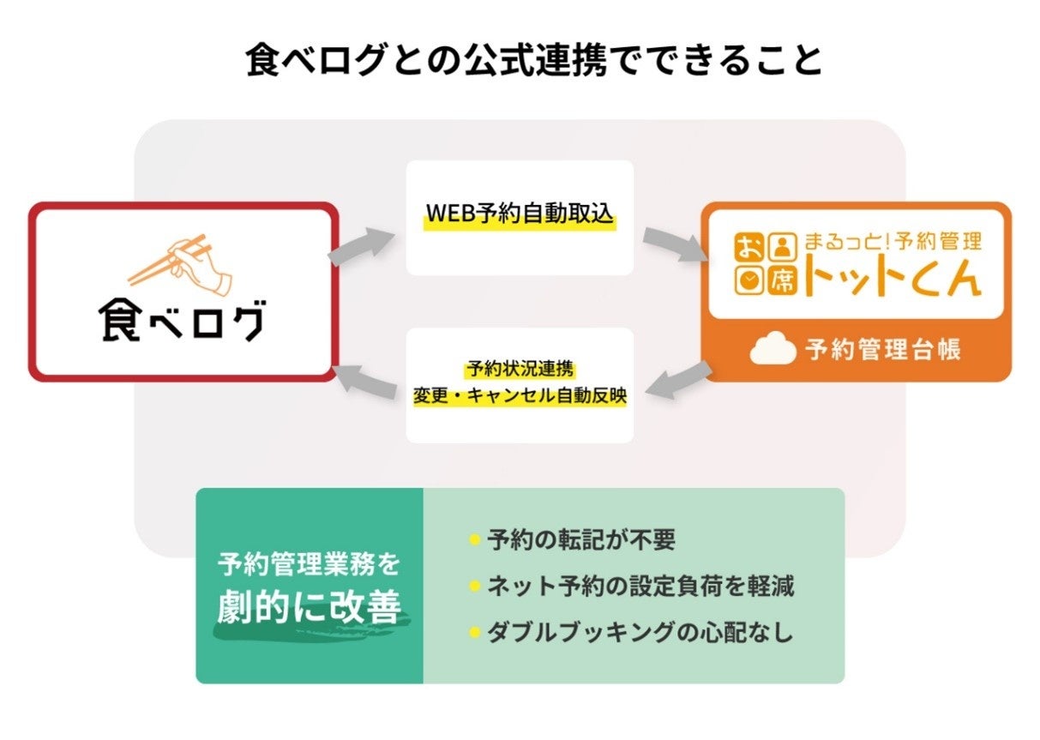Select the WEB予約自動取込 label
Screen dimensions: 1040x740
[520, 214]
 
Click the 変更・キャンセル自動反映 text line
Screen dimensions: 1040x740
[520, 398]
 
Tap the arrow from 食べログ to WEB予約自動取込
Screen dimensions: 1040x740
[359, 246]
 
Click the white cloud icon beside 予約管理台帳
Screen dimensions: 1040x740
[773, 351]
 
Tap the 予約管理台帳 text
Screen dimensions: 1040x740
[882, 351]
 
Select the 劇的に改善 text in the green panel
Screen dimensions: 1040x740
[310, 608]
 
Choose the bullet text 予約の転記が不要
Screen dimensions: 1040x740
[581, 540]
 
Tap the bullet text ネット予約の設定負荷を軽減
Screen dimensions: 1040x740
[640, 587]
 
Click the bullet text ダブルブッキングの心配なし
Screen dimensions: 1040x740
[640, 633]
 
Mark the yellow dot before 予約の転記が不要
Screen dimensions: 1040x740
[474, 540]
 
